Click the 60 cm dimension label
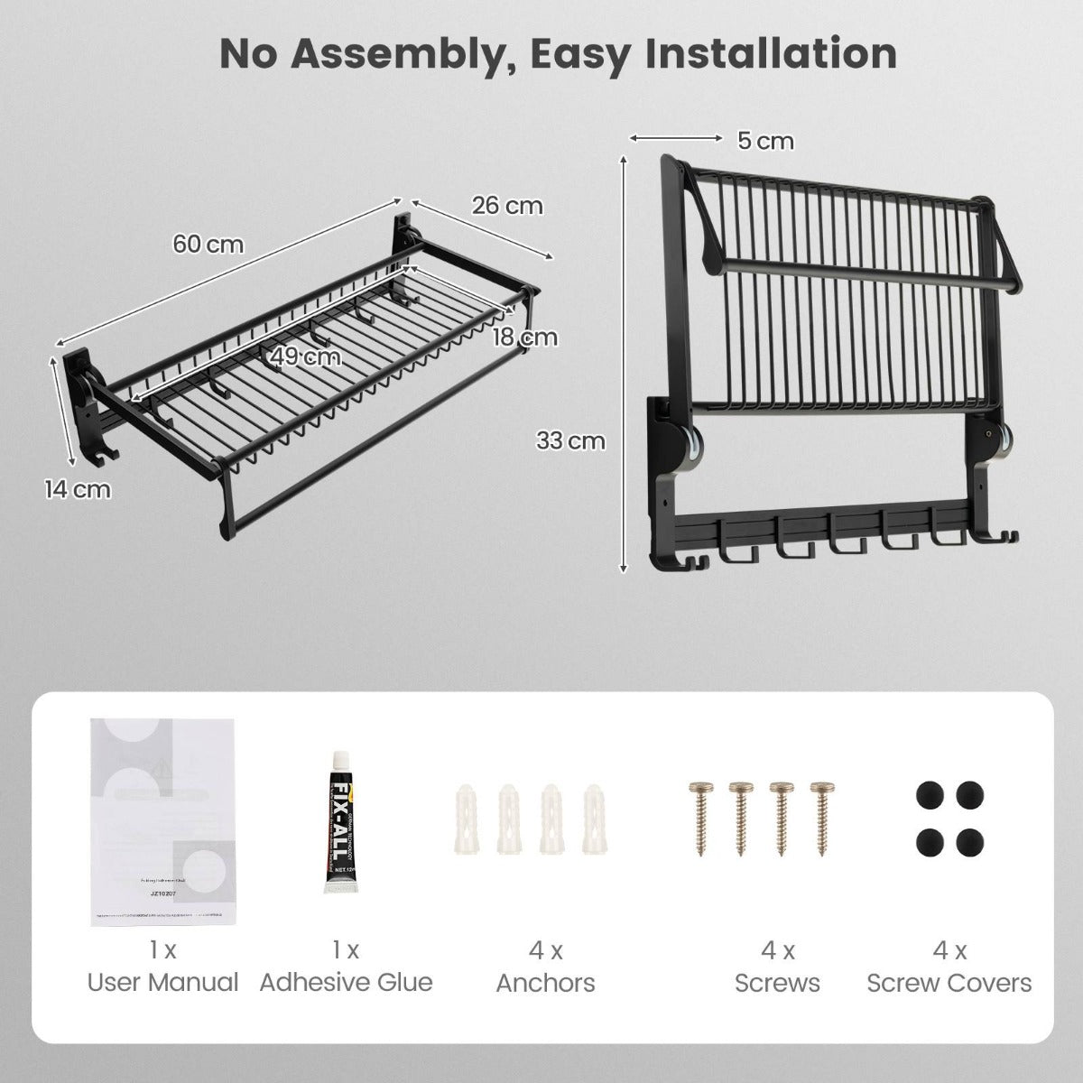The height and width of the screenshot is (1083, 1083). [x=208, y=245]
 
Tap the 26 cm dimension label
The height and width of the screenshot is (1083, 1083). [x=508, y=206]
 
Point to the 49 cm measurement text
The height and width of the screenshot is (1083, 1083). [x=307, y=356]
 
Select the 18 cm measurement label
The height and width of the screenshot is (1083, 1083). [x=525, y=338]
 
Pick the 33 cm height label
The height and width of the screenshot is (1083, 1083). [x=570, y=441]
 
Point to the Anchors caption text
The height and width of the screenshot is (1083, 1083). [x=545, y=983]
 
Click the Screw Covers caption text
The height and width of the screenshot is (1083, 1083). [x=949, y=983]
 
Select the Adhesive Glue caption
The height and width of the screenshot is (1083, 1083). [x=347, y=983]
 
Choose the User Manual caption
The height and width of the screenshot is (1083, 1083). [x=163, y=983]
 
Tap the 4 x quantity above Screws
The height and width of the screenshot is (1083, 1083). [x=777, y=950]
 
